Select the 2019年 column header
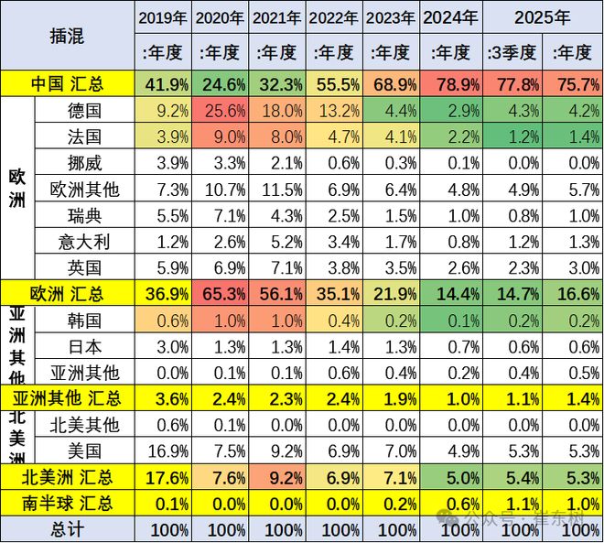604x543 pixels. pyautogui.click(x=164, y=17)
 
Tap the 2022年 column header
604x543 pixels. pyautogui.click(x=334, y=17)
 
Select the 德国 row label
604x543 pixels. pyautogui.click(x=85, y=111)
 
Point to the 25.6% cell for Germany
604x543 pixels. pyautogui.click(x=221, y=111)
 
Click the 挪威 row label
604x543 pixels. pyautogui.click(x=85, y=164)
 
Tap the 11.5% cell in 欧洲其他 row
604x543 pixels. pyautogui.click(x=277, y=190)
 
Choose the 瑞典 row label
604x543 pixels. pyautogui.click(x=85, y=216)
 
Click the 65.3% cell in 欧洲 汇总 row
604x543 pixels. pyautogui.click(x=221, y=295)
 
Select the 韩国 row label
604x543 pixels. pyautogui.click(x=85, y=321)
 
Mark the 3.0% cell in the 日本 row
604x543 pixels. pyautogui.click(x=164, y=347)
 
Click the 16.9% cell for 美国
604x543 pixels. pyautogui.click(x=164, y=451)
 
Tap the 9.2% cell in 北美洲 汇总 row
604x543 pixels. pyautogui.click(x=277, y=477)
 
